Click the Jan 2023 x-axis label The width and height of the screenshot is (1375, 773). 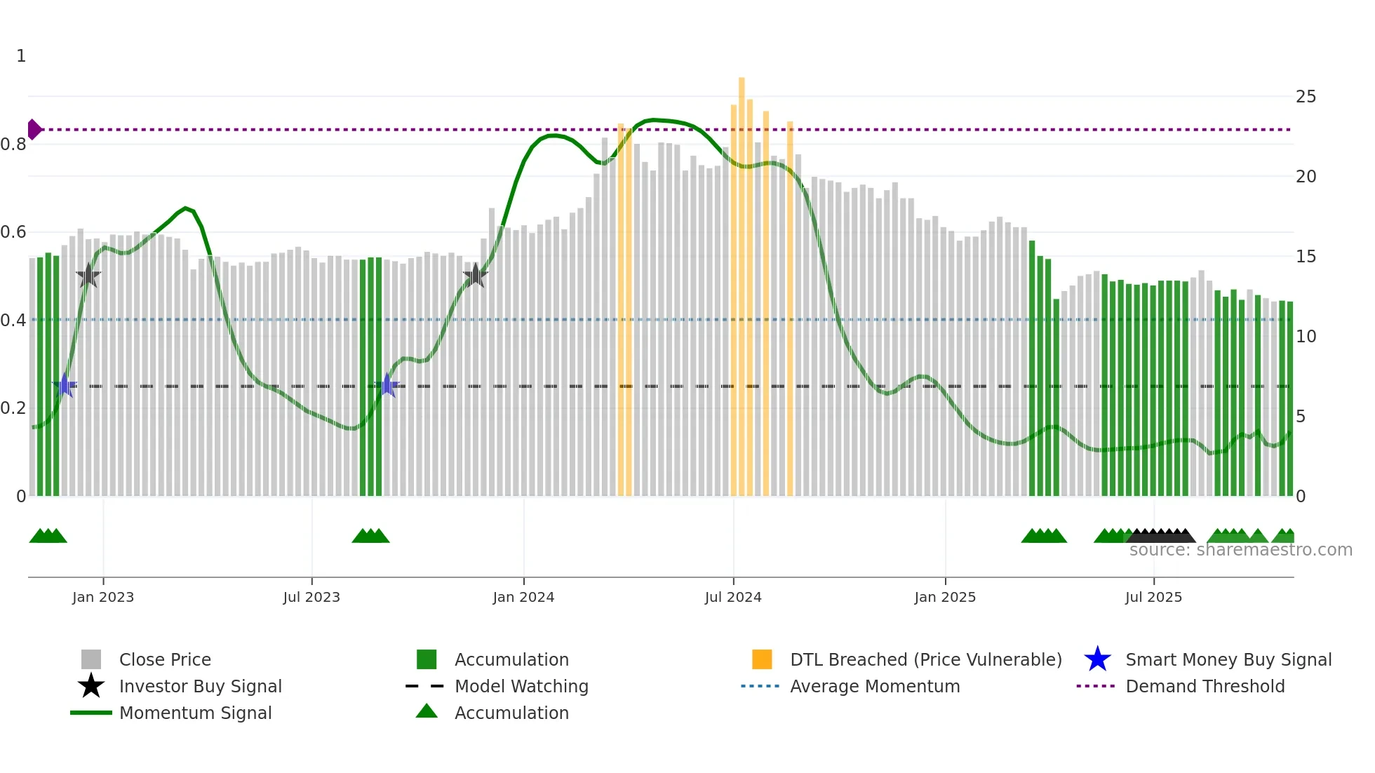click(102, 597)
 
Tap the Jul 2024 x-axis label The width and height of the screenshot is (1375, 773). click(733, 597)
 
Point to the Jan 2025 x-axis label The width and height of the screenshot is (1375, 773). click(944, 597)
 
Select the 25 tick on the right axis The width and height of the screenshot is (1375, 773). click(1306, 97)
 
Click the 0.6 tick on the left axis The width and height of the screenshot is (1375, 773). click(13, 232)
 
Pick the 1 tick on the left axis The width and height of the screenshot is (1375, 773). click(21, 56)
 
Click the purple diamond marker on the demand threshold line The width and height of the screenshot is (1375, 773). click(34, 130)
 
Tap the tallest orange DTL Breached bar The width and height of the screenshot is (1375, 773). click(742, 281)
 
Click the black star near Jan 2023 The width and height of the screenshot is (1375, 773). click(88, 276)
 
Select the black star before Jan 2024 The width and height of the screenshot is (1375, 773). click(476, 275)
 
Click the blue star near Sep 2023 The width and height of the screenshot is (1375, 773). click(387, 386)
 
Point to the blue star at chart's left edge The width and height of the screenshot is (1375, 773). click(65, 386)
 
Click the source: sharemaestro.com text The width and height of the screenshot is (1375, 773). click(1240, 550)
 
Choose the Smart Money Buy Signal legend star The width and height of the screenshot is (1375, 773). click(1097, 659)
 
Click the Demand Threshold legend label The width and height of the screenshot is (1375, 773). click(1205, 686)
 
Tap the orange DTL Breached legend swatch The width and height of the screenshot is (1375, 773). click(762, 659)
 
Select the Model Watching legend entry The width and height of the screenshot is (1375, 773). click(521, 686)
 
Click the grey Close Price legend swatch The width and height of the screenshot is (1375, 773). click(91, 659)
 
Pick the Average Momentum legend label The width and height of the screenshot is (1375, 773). click(874, 686)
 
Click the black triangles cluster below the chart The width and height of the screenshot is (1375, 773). click(1160, 536)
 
